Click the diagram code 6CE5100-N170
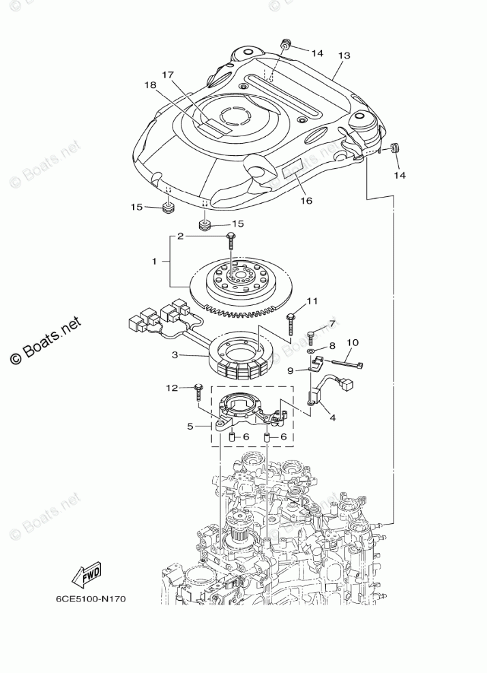91,599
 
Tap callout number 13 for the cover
343,55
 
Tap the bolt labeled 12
197,391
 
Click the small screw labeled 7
311,335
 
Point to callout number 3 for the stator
175,355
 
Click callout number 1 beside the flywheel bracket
155,261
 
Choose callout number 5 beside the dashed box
191,427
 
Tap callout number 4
332,417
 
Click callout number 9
290,371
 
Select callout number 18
150,84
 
